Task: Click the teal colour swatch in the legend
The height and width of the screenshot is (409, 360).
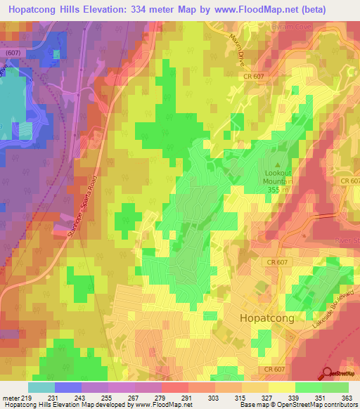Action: coord(41,387)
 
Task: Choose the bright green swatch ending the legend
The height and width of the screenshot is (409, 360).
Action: coord(335,387)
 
